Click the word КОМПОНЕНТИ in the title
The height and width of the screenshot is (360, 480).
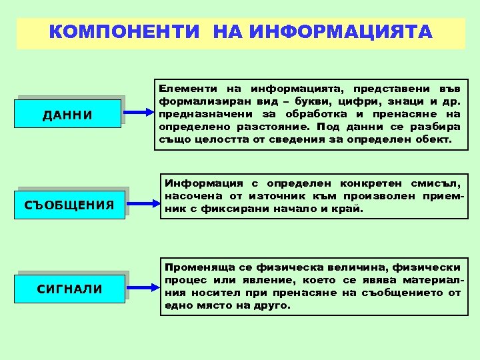(127, 32)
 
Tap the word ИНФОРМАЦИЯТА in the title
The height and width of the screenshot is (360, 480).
(339, 32)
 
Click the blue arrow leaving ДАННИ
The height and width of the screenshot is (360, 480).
(139, 113)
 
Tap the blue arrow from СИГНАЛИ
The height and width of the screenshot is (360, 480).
(139, 287)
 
